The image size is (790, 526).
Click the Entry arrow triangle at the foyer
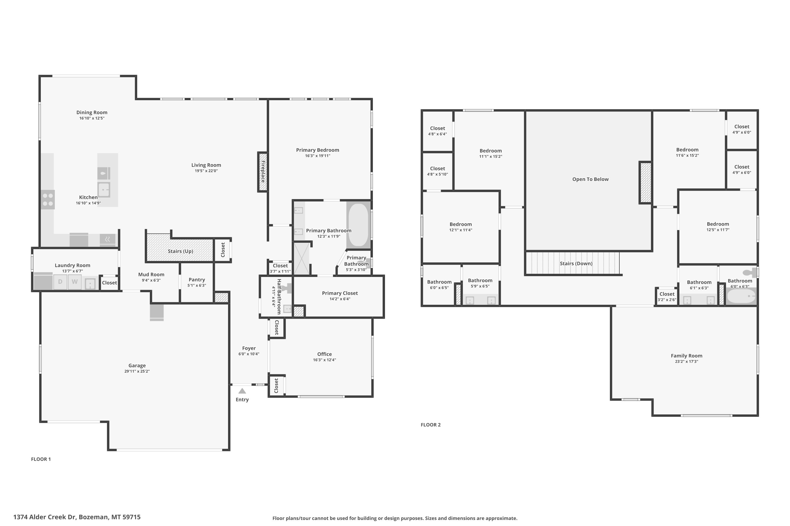coord(242,391)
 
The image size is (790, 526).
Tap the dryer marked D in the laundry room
coord(60,282)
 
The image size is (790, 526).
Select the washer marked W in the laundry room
coord(75,282)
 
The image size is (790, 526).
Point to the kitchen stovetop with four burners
coord(48,199)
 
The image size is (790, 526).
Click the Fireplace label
coord(263,172)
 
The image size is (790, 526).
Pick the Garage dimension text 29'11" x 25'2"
coord(137,371)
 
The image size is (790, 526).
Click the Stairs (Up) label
coord(180,251)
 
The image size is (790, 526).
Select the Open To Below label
coord(590,179)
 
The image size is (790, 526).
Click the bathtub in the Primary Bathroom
coord(358,225)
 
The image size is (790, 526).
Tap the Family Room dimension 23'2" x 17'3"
coord(687,362)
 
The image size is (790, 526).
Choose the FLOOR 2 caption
coord(431,425)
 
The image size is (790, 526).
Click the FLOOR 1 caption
coord(41,459)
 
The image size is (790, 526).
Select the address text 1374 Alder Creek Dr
coord(45,517)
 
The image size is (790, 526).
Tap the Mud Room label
coord(151,274)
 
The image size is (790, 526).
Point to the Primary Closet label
coord(340,293)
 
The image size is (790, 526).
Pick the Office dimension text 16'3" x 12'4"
coord(324,360)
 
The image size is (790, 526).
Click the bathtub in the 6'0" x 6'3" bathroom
coord(741,296)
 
